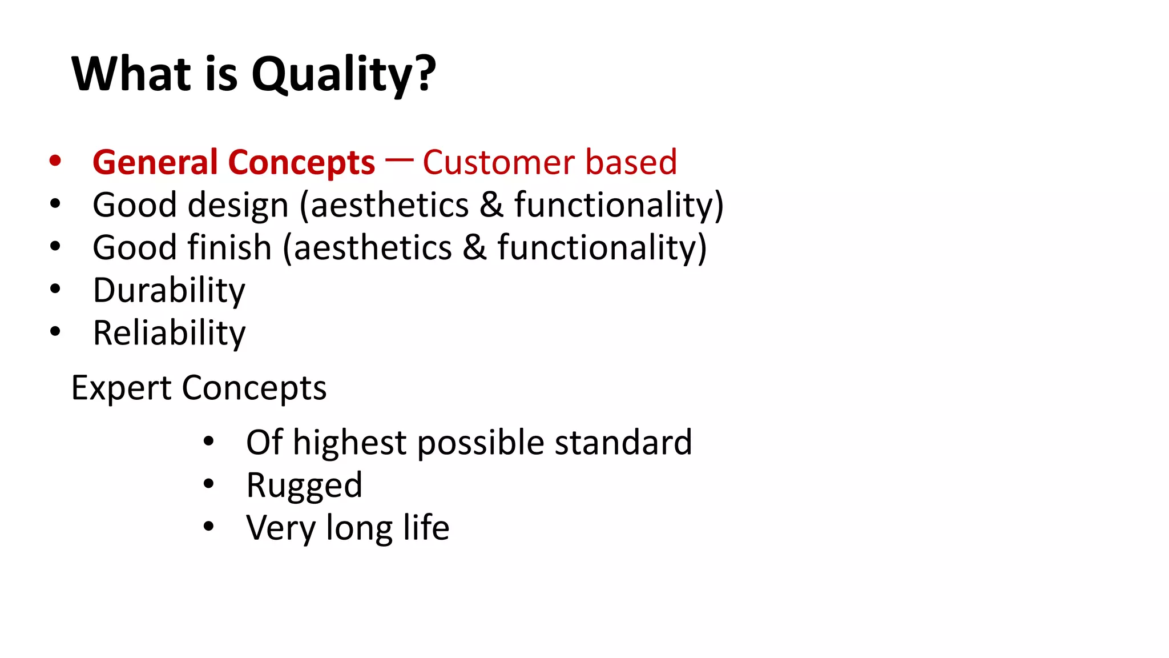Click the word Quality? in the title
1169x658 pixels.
(344, 75)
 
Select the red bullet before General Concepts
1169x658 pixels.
(55, 161)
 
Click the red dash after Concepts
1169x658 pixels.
(398, 160)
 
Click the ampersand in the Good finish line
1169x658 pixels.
(474, 248)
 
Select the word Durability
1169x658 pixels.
(169, 291)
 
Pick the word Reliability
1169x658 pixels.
(169, 333)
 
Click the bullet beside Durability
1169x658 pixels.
(55, 289)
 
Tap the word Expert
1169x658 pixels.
(121, 388)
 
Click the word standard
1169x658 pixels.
(623, 443)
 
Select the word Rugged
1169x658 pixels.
(304, 486)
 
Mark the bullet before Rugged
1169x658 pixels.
(208, 484)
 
